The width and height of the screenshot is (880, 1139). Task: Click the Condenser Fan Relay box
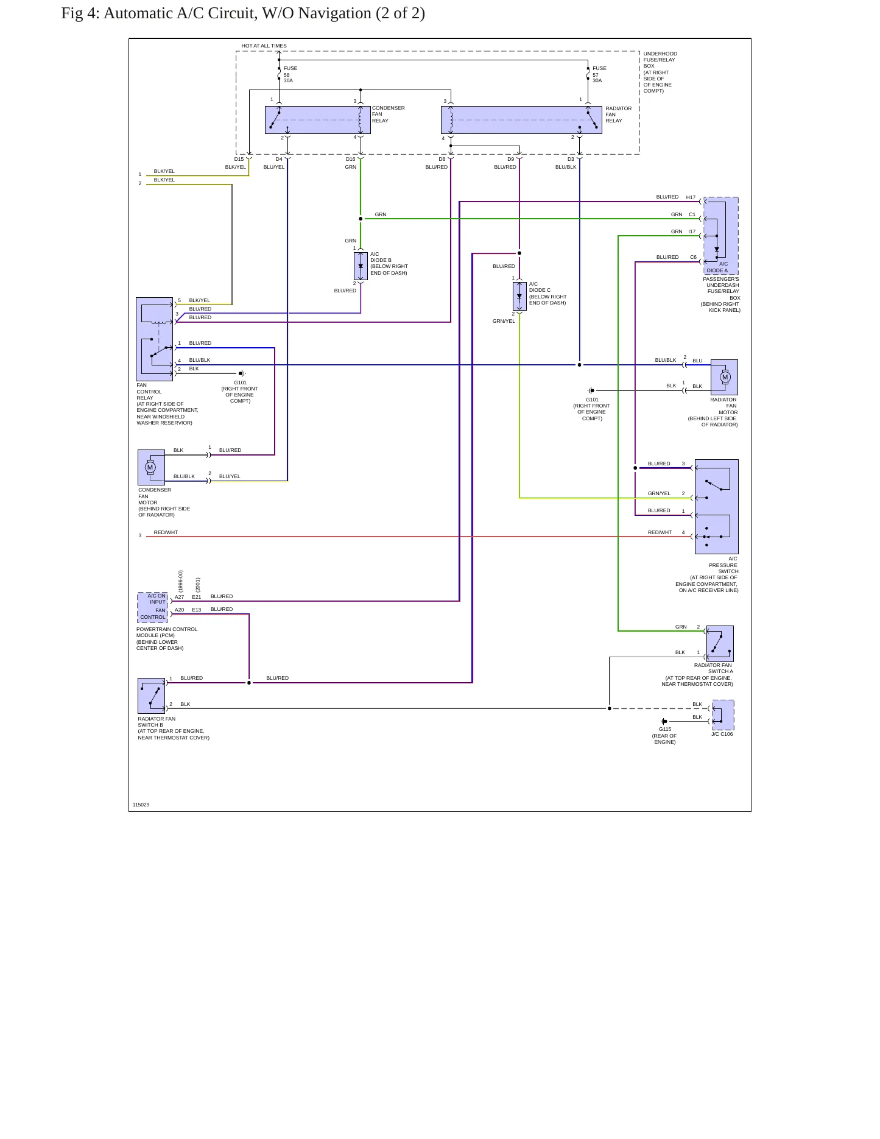tap(318, 120)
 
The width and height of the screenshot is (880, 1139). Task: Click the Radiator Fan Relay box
tap(521, 120)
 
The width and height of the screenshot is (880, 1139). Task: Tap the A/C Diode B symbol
tap(361, 266)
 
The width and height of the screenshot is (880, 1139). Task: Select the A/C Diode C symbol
tap(519, 296)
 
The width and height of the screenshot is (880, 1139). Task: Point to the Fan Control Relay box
tap(155, 339)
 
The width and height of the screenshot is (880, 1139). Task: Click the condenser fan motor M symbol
tap(150, 468)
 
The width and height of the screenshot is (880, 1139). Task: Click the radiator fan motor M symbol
tap(725, 377)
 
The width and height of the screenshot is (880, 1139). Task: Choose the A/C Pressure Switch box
tap(717, 507)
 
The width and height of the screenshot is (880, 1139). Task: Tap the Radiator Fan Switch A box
tap(720, 644)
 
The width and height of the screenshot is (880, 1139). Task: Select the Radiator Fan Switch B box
tap(152, 696)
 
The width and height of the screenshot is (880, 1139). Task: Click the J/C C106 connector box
tap(723, 715)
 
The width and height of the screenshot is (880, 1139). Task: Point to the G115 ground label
tap(665, 729)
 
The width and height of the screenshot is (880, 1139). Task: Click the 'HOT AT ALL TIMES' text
tap(264, 46)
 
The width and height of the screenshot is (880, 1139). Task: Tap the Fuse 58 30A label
tap(290, 74)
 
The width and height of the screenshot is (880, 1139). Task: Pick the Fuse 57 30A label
tap(600, 74)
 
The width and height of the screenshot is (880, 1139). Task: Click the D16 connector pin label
tap(351, 159)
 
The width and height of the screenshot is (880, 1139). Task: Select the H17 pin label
tap(691, 197)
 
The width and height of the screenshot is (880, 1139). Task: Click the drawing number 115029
tap(141, 805)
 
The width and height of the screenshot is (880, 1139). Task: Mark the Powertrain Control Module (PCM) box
tap(152, 607)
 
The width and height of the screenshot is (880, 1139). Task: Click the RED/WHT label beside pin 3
tap(166, 532)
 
